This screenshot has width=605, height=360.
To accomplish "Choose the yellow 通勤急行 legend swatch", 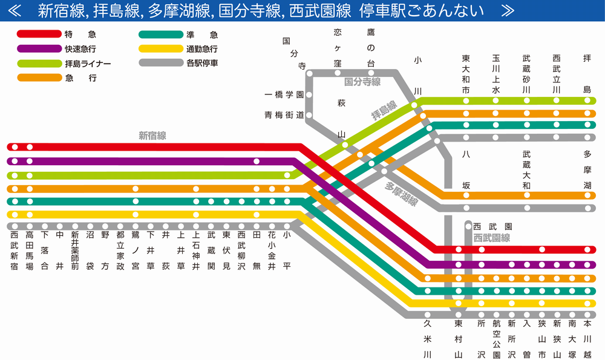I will click(161, 49).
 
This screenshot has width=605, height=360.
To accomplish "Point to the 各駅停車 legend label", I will click(202, 64).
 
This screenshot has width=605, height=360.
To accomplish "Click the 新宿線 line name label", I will click(152, 136).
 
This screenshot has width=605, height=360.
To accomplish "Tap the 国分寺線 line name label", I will click(362, 82).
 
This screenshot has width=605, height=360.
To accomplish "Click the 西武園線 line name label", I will click(491, 238).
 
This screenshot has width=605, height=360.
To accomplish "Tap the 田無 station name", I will click(257, 242).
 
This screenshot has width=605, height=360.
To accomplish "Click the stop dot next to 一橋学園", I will click(309, 95).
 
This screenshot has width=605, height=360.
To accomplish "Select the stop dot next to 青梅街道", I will click(309, 114).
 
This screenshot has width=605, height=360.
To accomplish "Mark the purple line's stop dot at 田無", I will click(257, 162).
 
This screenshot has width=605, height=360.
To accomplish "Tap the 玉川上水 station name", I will click(496, 73).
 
